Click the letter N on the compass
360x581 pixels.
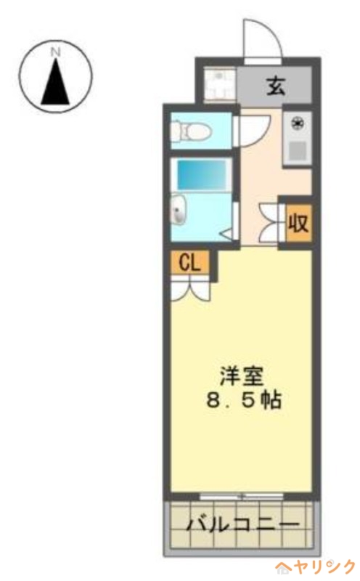[x=56, y=52]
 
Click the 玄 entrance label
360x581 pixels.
[x=276, y=86]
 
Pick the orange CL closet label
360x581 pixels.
[x=190, y=263]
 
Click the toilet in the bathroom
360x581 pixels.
[x=190, y=132]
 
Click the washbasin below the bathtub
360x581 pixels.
[x=179, y=211]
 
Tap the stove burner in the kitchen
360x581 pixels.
[x=296, y=125]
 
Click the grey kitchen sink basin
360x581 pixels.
[x=296, y=150]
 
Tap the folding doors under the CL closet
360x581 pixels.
[x=190, y=289]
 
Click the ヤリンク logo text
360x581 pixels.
[x=327, y=565]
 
